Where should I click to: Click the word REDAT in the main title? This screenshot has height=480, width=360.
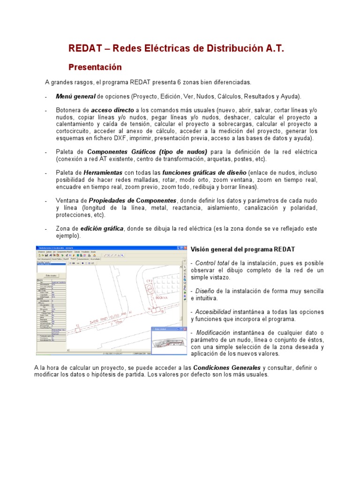[85, 49]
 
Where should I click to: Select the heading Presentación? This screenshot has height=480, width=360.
[95, 67]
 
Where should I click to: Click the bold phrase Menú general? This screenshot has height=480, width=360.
[75, 97]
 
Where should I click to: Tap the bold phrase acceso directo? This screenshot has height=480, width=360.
[112, 110]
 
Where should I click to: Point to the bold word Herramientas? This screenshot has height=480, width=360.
[103, 173]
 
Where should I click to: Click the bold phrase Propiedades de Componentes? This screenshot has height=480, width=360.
[133, 201]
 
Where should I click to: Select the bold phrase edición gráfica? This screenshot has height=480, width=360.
[102, 228]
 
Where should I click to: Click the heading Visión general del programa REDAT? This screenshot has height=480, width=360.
[243, 249]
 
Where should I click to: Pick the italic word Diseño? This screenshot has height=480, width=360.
[205, 291]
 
